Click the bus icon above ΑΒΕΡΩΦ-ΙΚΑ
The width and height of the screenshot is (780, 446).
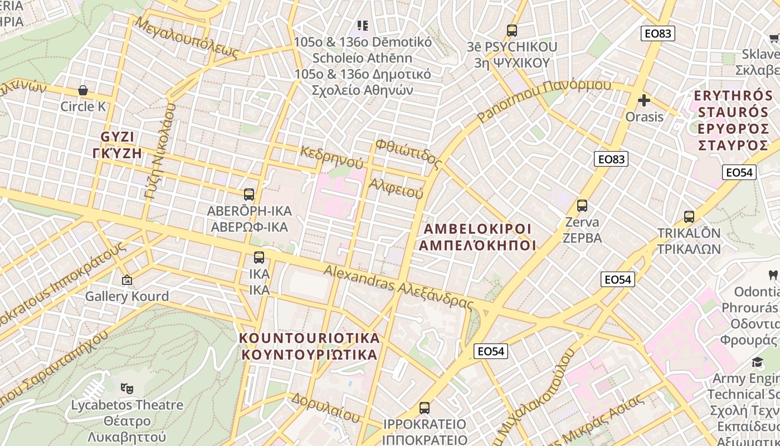249,195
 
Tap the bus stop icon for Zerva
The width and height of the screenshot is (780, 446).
582,206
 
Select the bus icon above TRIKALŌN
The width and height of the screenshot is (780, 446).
689,217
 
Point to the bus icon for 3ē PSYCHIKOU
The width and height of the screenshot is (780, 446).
512,31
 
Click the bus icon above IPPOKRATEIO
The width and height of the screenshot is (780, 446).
425,408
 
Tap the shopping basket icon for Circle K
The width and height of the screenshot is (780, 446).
83,90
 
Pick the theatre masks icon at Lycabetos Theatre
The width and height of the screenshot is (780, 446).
127,387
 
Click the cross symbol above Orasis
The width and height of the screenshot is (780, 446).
644,101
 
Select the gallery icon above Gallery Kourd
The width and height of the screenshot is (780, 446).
127,280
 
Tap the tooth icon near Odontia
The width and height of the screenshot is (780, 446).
773,274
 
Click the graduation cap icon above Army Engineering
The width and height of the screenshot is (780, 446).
758,362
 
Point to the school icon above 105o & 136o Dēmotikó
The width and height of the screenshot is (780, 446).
363,25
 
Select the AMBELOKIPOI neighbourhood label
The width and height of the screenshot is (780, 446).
477,229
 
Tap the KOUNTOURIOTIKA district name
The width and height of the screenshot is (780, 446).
309,338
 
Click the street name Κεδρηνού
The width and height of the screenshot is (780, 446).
331,157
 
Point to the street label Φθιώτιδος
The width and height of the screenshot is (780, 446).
408,154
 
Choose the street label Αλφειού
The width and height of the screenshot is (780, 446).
396,188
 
